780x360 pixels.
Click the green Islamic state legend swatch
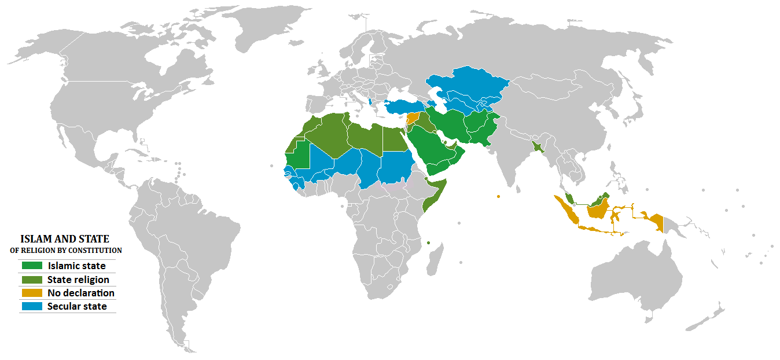coord(31,266)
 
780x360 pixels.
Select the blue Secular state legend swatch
coord(31,306)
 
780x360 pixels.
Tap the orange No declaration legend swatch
coord(31,293)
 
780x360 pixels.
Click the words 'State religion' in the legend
coord(78,280)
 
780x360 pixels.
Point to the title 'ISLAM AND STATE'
coord(65,238)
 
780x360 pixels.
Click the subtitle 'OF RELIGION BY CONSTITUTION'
coord(66,251)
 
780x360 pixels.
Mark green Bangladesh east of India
coord(539,147)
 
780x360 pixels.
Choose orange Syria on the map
coord(412,119)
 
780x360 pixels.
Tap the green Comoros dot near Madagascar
coord(429,243)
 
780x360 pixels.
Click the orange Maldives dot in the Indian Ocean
coord(498,196)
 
